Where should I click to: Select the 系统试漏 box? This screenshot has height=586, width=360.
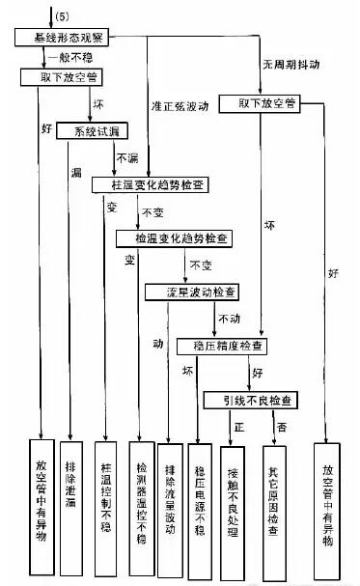coord(91,129)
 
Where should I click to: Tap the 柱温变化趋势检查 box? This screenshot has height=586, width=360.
coord(154,183)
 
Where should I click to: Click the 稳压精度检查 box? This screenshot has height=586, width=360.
coord(224,345)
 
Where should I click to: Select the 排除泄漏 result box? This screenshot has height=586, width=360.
coord(72,492)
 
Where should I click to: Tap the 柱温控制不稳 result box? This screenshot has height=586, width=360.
coord(106,492)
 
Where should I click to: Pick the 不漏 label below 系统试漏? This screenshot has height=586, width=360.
coord(127,155)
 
